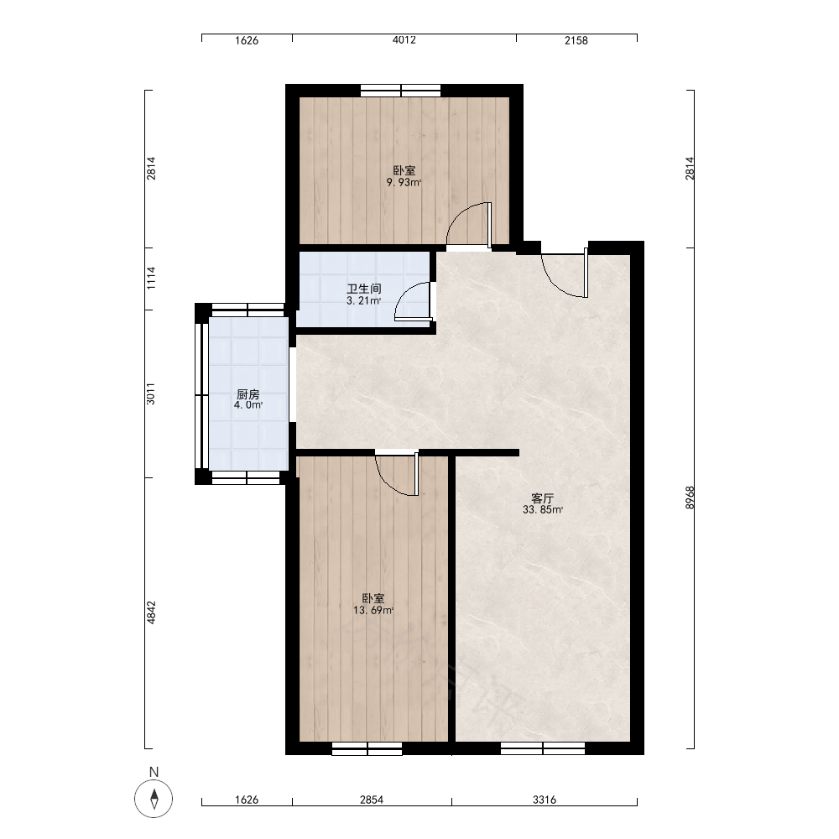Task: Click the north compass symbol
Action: coord(154,799)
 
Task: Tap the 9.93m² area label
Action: coord(404,182)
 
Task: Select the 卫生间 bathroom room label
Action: coord(364,289)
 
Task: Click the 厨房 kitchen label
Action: coord(248,394)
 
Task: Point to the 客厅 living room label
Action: coord(543,498)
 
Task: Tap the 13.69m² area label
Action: coord(373,610)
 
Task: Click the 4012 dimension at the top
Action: coord(404,40)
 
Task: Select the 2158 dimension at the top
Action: coord(576,40)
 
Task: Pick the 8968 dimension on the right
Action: coord(690,497)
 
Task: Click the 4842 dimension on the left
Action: coord(151,612)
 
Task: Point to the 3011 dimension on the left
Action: coord(151,393)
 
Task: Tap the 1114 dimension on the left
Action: coord(151,279)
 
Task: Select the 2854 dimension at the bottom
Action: coord(372,800)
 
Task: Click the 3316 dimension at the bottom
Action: coord(545,800)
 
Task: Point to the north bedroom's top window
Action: coord(401,91)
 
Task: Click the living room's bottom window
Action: coord(543,748)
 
